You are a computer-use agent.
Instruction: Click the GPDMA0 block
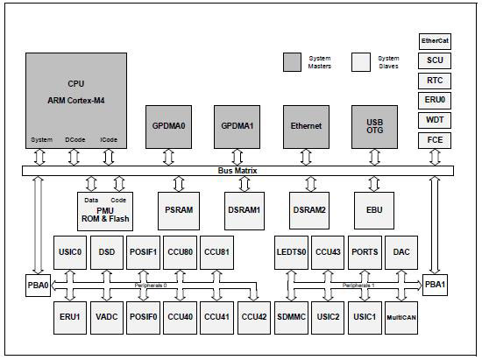point(173,125)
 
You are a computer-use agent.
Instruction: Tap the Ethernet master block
point(306,125)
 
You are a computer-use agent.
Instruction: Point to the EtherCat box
point(435,40)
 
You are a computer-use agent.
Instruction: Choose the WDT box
point(435,118)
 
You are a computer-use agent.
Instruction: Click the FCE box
point(435,138)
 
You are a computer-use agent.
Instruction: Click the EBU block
point(373,210)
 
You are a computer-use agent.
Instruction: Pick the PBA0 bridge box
point(37,286)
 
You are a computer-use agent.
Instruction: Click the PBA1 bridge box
point(435,286)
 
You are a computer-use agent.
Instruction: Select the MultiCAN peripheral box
point(402,316)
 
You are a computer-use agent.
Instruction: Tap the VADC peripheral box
point(107,316)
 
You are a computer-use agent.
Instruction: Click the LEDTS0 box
point(292,252)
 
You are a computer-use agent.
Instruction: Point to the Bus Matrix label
point(236,171)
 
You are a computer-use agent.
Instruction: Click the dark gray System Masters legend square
point(292,60)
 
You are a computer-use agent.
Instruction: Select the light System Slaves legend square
point(360,60)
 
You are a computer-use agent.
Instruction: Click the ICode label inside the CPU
point(109,138)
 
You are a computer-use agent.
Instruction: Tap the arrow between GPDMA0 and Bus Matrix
point(173,155)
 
